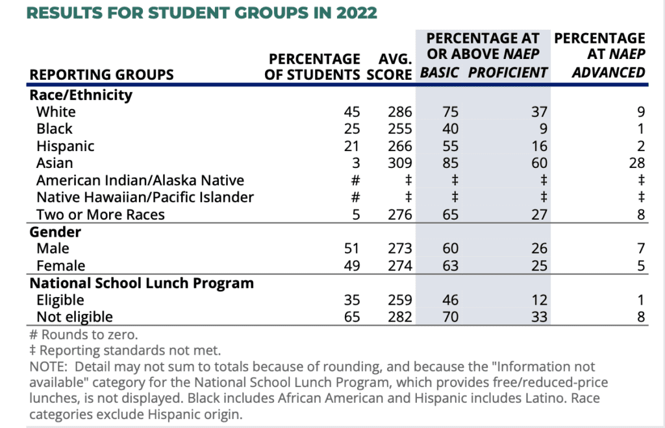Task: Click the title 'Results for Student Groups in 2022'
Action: tap(202, 13)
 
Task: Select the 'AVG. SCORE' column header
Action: tap(390, 66)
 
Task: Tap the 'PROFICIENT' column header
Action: tap(508, 73)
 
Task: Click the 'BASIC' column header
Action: tap(440, 73)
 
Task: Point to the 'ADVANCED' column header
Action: tap(609, 73)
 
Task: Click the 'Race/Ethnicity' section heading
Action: tap(81, 95)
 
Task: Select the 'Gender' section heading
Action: tap(55, 232)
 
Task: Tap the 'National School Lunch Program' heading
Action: tap(142, 283)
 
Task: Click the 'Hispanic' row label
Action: tap(66, 146)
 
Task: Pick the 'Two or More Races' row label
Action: tap(101, 215)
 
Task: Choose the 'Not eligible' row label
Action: tap(75, 316)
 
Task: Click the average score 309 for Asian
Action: tap(400, 163)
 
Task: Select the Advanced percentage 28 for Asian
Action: tap(637, 163)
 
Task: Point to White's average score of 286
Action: tap(400, 112)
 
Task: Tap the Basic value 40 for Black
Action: tap(451, 128)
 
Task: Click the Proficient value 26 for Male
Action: tap(540, 248)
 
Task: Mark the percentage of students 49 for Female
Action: tap(352, 266)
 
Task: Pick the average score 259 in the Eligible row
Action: tap(400, 300)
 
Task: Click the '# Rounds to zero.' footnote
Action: tap(84, 335)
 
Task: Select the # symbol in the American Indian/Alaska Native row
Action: tap(355, 180)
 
